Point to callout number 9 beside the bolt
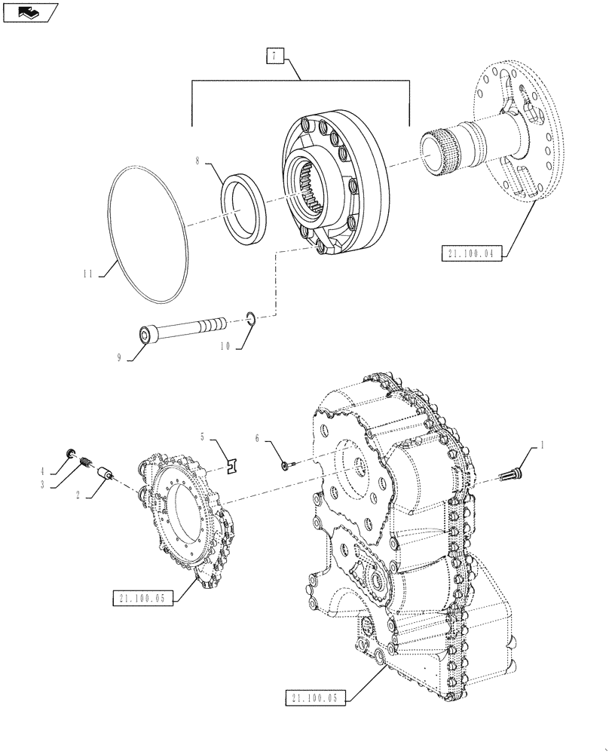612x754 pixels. pyautogui.click(x=120, y=357)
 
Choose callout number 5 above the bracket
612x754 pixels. pyautogui.click(x=202, y=436)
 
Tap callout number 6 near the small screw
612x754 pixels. pyautogui.click(x=258, y=437)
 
